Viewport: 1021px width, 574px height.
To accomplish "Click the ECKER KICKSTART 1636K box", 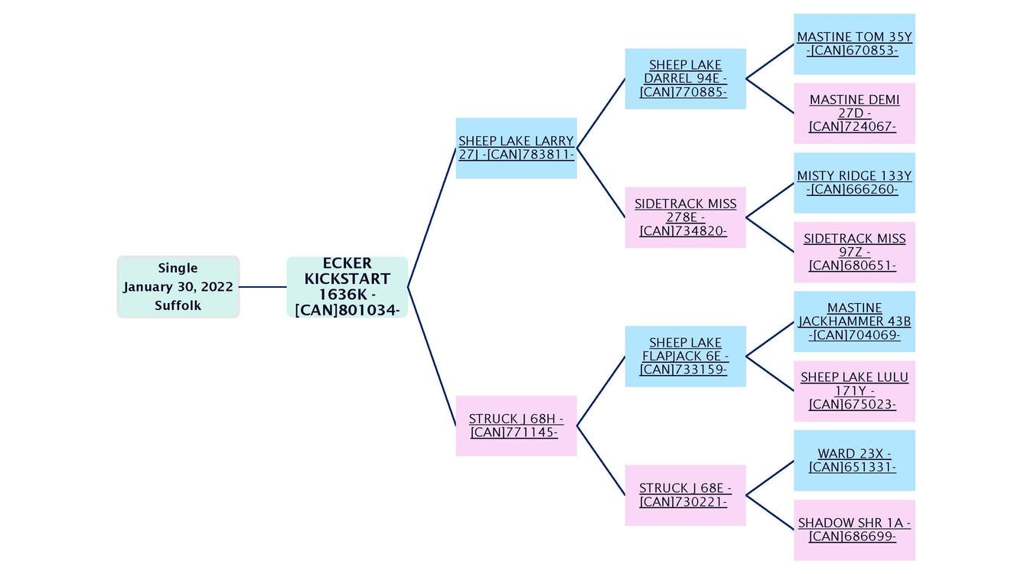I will click(x=347, y=287).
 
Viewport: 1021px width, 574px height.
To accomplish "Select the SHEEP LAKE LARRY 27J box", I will click(x=516, y=148).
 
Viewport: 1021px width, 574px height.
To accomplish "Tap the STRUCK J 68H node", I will click(x=516, y=426).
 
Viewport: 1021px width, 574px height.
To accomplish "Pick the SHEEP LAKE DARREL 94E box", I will click(x=685, y=79).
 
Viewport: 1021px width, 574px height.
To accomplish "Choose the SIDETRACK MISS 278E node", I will click(x=685, y=217).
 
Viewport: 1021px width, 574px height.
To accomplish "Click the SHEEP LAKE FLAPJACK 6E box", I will click(x=685, y=357).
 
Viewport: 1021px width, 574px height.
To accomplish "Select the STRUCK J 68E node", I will click(x=685, y=495).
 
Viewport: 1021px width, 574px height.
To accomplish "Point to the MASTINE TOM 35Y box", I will click(x=854, y=44).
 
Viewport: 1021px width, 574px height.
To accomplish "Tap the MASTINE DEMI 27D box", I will click(x=854, y=113).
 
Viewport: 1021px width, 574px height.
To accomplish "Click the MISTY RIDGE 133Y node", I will click(x=854, y=183).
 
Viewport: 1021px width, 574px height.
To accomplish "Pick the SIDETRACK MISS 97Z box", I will click(x=854, y=253).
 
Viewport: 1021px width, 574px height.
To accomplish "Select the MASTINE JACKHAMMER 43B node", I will click(x=854, y=321).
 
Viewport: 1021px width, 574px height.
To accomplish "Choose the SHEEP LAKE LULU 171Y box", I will click(x=854, y=391).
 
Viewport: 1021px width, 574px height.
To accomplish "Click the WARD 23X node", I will click(x=854, y=461).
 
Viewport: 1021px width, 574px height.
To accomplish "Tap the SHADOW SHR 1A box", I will click(x=854, y=530).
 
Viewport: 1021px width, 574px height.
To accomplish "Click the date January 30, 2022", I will click(x=178, y=287).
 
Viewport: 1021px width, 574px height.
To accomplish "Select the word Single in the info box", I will click(x=178, y=268).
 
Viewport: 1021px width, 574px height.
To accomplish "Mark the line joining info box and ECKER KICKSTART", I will click(x=263, y=287).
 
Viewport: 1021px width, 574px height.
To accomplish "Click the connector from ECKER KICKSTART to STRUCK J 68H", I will click(x=432, y=356).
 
